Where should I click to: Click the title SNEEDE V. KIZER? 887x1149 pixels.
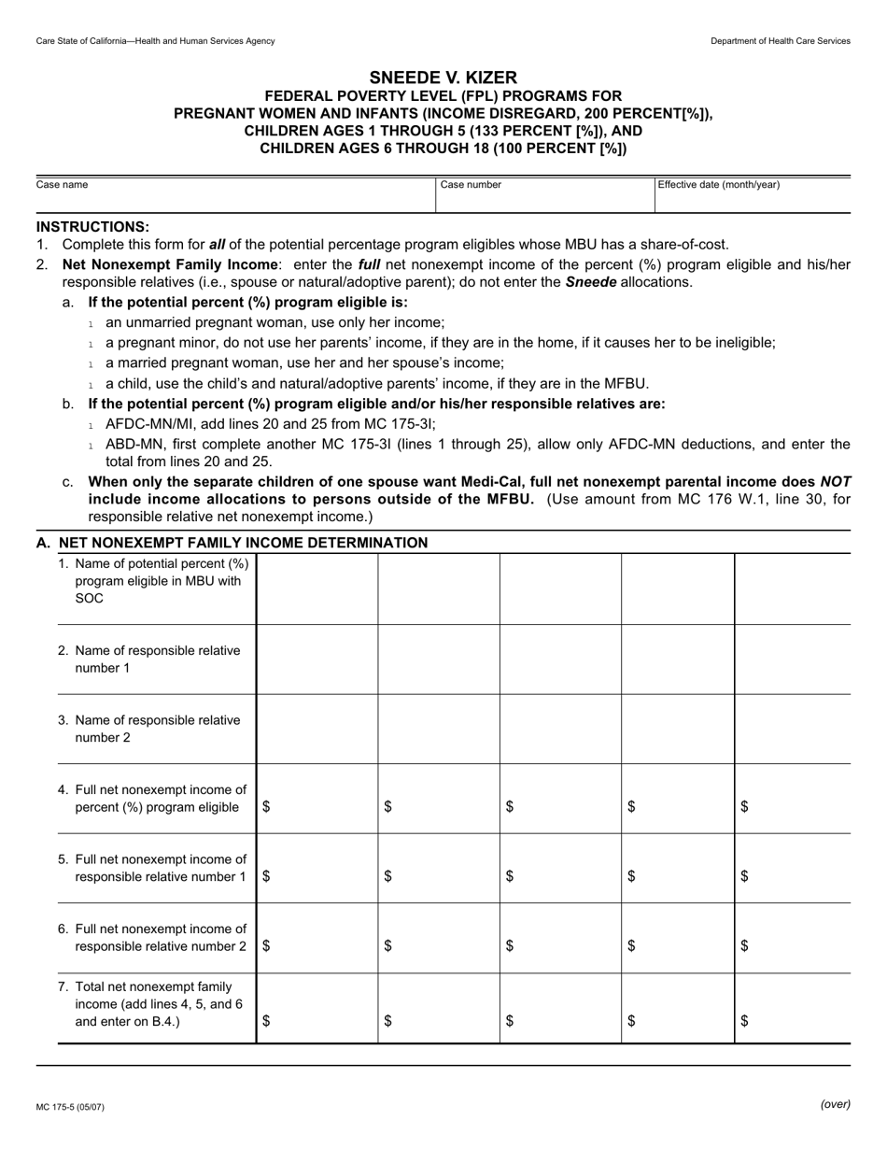(443, 78)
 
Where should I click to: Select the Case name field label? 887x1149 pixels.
(62, 185)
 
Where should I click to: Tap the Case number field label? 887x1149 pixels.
(471, 185)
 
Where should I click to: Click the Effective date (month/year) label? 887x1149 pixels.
(718, 185)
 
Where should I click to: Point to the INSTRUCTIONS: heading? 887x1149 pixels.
(92, 226)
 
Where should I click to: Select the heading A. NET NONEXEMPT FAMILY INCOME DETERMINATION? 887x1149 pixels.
(232, 543)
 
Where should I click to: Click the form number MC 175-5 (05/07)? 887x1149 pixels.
(70, 1107)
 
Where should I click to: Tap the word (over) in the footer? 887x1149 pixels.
(835, 1104)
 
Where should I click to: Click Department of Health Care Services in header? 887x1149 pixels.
(780, 41)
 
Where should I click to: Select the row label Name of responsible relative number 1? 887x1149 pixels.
(149, 659)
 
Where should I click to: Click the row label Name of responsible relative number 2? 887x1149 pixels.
(149, 729)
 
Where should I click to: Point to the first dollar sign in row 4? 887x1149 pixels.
(267, 807)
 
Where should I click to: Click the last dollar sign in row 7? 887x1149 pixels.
(744, 1021)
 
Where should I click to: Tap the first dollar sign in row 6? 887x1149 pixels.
(267, 945)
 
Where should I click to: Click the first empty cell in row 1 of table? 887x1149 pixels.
(317, 589)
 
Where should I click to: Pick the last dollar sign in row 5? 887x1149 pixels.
(744, 876)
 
